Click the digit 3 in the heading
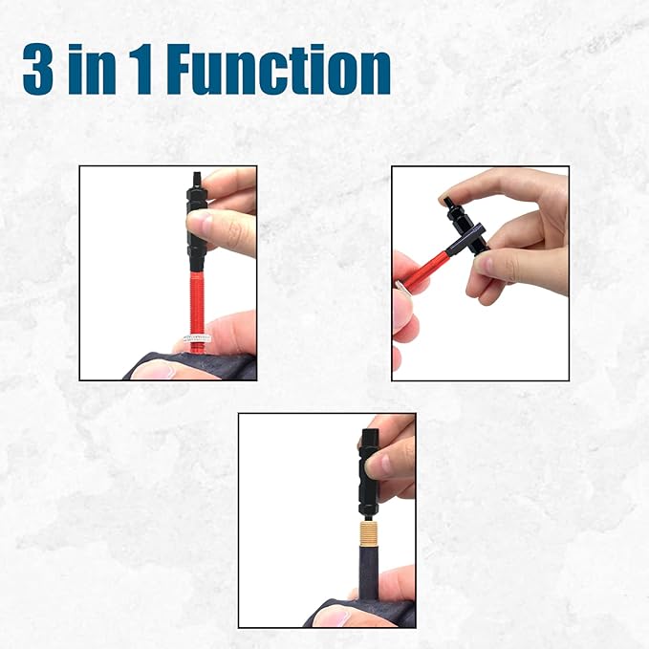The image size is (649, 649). pyautogui.click(x=37, y=70)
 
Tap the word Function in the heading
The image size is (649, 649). pyautogui.click(x=278, y=70)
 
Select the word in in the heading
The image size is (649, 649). pyautogui.click(x=93, y=70)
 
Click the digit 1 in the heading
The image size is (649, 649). pyautogui.click(x=142, y=70)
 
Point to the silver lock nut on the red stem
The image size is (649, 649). pyautogui.click(x=197, y=337)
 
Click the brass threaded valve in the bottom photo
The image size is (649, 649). pyautogui.click(x=369, y=533)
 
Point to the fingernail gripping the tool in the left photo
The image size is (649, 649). pyautogui.click(x=200, y=222)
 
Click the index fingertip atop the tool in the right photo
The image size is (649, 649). pyautogui.click(x=449, y=196)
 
